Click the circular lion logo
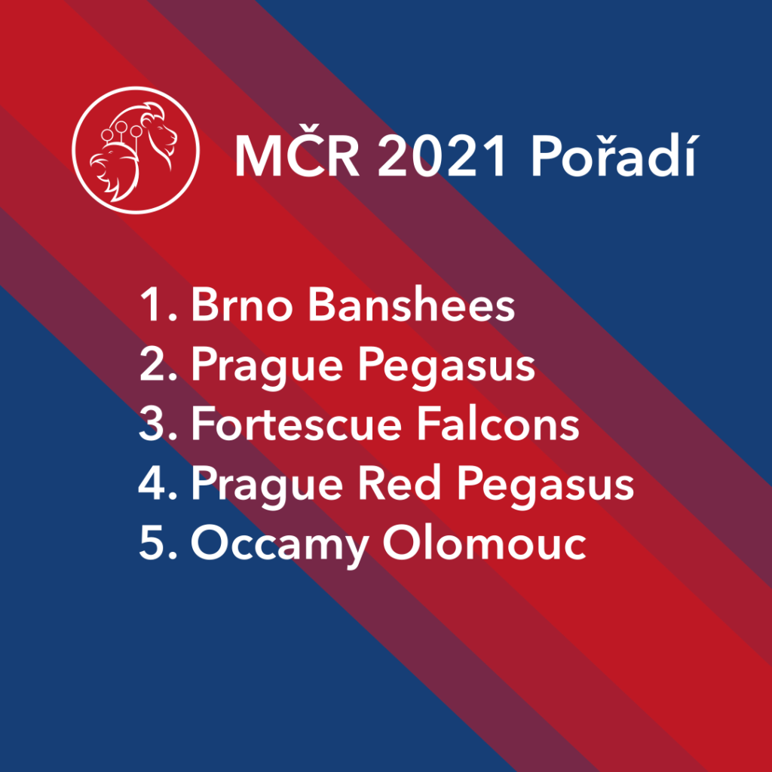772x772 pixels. tap(136, 150)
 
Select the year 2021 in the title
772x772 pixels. tap(441, 157)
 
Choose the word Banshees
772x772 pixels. tap(411, 305)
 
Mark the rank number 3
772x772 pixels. tap(158, 424)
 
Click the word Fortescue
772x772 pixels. tap(296, 424)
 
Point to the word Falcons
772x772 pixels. tap(498, 424)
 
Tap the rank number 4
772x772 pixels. tap(158, 484)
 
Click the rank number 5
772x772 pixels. tap(158, 544)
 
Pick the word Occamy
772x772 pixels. tap(279, 547)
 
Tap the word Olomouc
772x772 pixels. tap(484, 543)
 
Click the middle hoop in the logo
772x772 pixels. tap(121, 127)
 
